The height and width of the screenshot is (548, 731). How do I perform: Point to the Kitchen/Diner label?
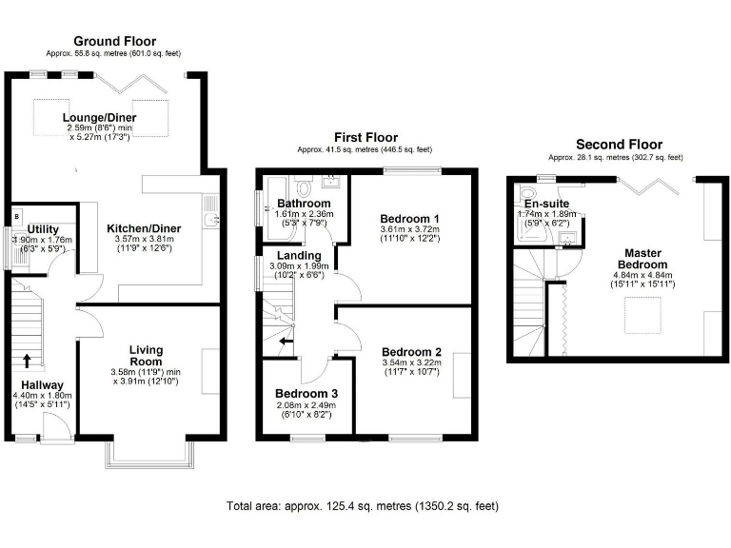[141, 228]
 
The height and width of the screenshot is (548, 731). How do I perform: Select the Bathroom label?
[304, 204]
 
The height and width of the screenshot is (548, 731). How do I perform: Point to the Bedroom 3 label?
[306, 393]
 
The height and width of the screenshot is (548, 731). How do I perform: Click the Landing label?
[299, 255]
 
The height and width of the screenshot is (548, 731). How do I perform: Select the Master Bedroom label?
[640, 257]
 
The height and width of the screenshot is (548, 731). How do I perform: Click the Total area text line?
[362, 506]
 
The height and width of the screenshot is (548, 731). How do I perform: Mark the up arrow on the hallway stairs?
[27, 360]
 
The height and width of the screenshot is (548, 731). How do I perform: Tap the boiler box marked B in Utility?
[15, 215]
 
